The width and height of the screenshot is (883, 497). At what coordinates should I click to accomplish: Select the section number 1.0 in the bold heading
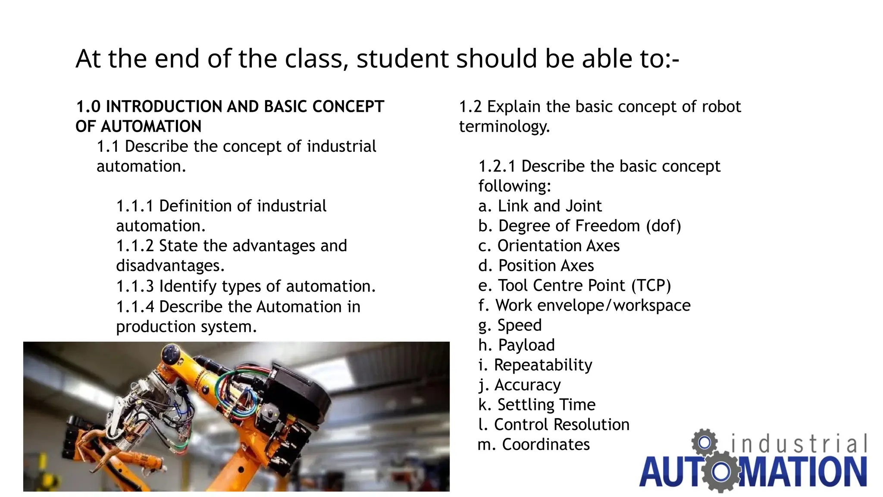click(x=88, y=107)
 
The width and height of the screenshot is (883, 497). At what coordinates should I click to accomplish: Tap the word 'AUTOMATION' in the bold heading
click(x=151, y=126)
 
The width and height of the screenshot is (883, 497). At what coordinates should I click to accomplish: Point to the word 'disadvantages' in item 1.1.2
click(x=170, y=266)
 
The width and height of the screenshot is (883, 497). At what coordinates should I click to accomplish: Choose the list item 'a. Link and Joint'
click(x=540, y=206)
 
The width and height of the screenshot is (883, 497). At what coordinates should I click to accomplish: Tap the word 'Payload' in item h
click(x=526, y=345)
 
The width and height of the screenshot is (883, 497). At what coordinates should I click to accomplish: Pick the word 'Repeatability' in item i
click(x=543, y=365)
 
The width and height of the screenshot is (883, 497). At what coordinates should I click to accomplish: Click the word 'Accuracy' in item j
click(x=527, y=385)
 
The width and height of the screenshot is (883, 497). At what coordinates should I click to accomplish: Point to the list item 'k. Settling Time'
click(x=537, y=405)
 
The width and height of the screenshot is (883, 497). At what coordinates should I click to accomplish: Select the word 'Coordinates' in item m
click(x=546, y=444)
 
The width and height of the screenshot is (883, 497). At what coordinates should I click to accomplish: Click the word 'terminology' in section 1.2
click(x=504, y=126)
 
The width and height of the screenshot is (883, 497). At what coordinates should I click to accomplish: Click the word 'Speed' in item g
click(x=520, y=325)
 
